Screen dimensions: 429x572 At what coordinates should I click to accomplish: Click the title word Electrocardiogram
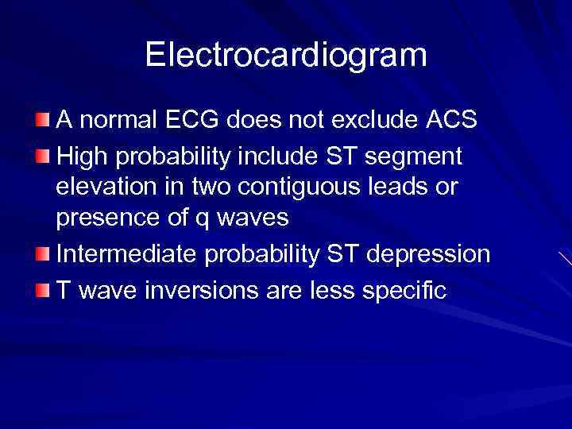click(286, 55)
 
